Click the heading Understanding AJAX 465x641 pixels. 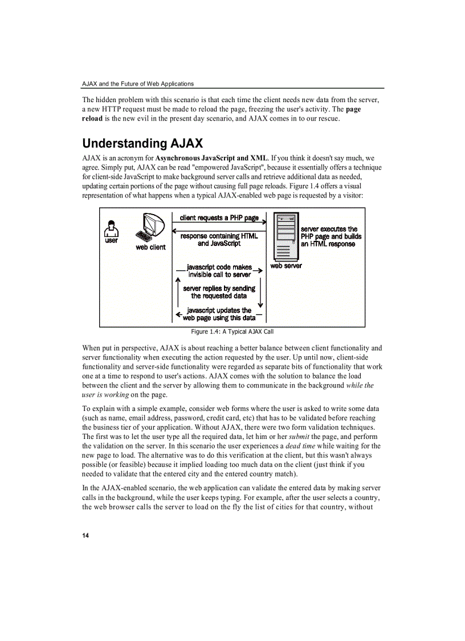coord(142,143)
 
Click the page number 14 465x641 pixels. coord(85,535)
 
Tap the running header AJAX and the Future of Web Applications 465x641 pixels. coord(138,83)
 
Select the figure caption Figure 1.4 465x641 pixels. coord(232,332)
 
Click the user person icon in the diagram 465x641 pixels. coord(112,229)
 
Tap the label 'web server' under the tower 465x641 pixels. coord(286,265)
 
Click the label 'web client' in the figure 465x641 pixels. coord(150,247)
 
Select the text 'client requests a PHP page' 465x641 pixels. coord(219,218)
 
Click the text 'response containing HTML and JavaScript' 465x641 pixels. coord(219,240)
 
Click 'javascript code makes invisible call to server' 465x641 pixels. coord(219,271)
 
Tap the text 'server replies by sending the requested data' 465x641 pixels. coord(219,292)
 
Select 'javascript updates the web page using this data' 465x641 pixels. coord(219,314)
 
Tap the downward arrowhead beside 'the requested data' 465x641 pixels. coord(260,304)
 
